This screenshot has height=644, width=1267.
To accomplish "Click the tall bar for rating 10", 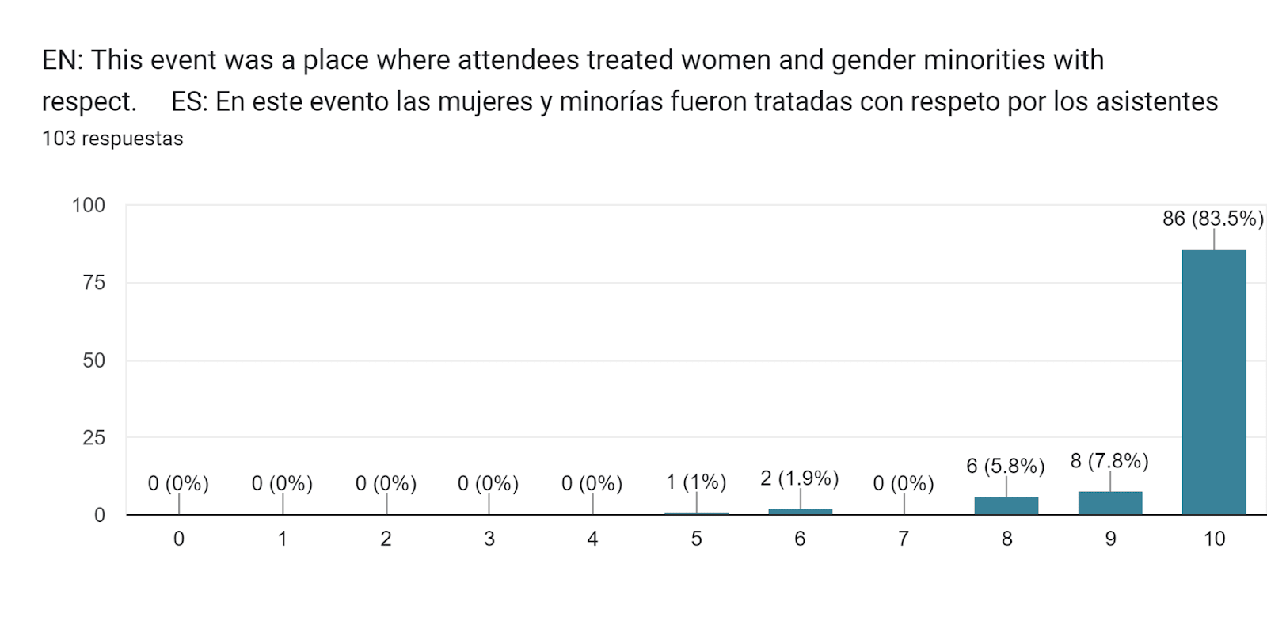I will pos(1213,382).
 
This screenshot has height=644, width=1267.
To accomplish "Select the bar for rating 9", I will pos(1109,503).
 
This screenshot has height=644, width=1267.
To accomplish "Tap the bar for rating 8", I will pos(1006,505).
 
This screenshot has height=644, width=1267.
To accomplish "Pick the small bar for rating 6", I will pos(800,512).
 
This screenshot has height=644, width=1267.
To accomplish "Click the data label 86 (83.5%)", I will pos(1212,219).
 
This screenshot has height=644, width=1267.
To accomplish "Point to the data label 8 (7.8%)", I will pos(1109,461).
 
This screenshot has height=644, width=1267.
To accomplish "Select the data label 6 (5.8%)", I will pos(1005,466).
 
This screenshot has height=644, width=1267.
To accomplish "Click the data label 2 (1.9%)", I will pos(799,478).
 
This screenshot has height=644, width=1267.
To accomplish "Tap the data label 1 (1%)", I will pos(695,482).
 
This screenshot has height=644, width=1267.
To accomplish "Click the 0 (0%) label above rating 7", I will pos(903,483).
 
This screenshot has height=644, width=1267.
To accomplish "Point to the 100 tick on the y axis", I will pos(88,206).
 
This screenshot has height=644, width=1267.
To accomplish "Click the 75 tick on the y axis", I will pos(93,283).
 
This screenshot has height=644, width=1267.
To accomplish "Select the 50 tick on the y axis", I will pos(93,360).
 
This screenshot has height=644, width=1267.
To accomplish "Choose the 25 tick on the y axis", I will pos(93,438).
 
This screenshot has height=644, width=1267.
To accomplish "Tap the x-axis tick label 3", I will pos(489,539).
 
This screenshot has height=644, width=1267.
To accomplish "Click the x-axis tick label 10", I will pos(1214,539).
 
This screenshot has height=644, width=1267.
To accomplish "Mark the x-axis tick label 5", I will pos(696,539).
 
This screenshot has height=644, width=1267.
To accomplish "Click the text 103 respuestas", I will pos(112,139).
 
